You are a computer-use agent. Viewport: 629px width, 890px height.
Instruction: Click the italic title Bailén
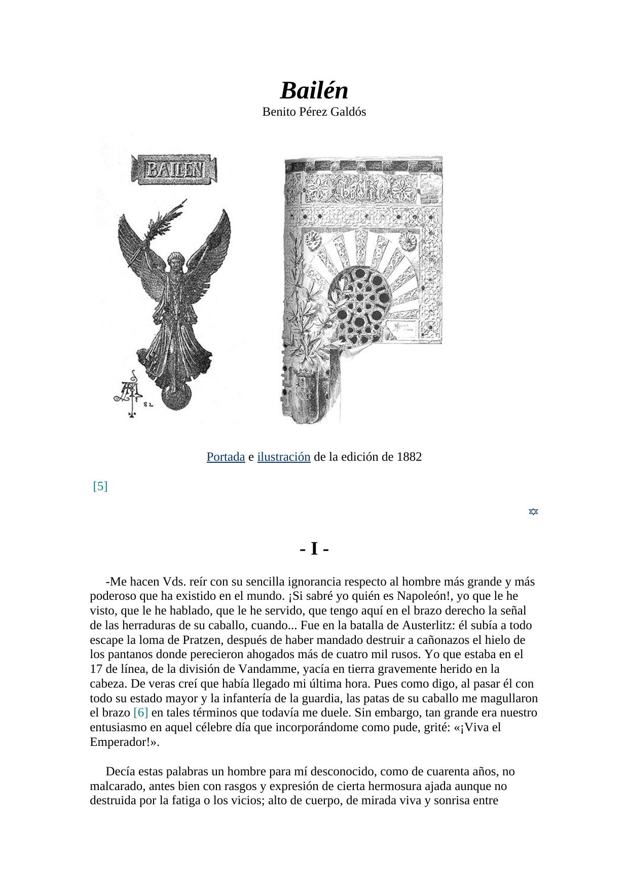[314, 91]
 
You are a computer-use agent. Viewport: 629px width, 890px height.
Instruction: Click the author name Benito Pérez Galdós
[314, 112]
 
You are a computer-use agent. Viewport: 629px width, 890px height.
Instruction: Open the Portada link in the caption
[226, 457]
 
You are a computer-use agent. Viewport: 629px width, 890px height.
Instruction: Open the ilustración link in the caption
[283, 457]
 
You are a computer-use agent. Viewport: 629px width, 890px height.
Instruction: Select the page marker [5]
[100, 486]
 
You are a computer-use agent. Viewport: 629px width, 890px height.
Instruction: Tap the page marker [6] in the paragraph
[140, 713]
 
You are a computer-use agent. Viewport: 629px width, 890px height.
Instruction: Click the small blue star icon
[533, 511]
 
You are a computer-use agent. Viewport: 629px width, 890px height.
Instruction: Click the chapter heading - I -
[314, 549]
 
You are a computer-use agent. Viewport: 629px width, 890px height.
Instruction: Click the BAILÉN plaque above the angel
[174, 169]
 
